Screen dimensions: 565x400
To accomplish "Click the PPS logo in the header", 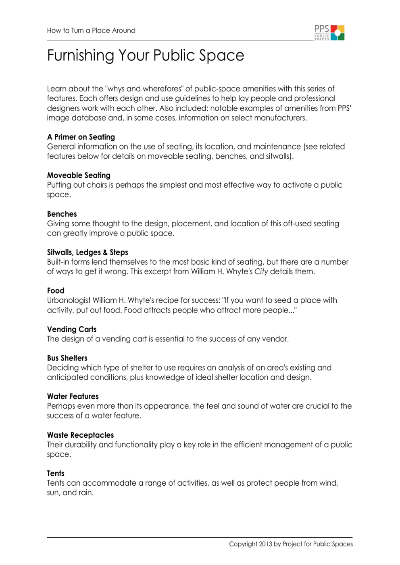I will [329, 33].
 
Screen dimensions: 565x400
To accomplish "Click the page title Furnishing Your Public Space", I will [146, 56].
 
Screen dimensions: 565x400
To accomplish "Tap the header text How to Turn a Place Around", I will [91, 31].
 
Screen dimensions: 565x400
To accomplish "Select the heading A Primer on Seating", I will [81, 137].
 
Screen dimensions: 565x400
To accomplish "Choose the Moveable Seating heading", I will [79, 175].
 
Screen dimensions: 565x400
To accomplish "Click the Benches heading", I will [62, 214].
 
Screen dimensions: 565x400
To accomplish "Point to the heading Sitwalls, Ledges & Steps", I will [87, 252].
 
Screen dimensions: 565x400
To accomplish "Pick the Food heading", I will [56, 291].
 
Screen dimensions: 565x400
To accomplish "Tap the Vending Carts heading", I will [72, 329].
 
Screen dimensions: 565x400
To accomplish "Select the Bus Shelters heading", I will [67, 358].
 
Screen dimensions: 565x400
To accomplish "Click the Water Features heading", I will [73, 396].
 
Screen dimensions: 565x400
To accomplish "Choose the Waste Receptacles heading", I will [80, 435].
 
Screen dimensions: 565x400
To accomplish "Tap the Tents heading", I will [56, 473].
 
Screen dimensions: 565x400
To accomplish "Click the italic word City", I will [261, 271].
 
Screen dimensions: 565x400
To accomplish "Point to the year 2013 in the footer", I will [265, 544].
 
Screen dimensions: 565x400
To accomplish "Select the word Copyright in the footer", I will [243, 544].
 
